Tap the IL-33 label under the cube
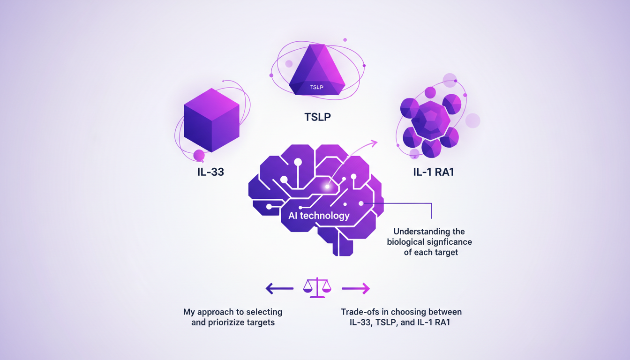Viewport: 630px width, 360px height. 210,172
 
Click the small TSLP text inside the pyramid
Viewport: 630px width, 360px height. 316,88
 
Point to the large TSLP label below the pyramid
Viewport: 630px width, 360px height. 317,117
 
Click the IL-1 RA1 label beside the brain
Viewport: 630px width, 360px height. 433,172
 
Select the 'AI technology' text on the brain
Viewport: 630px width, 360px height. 319,216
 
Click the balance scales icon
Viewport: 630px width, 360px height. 317,288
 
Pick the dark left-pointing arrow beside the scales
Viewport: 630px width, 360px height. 279,288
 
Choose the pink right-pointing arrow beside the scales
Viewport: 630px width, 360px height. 356,288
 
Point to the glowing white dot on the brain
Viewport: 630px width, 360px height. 327,187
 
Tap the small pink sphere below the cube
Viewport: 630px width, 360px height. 199,155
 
